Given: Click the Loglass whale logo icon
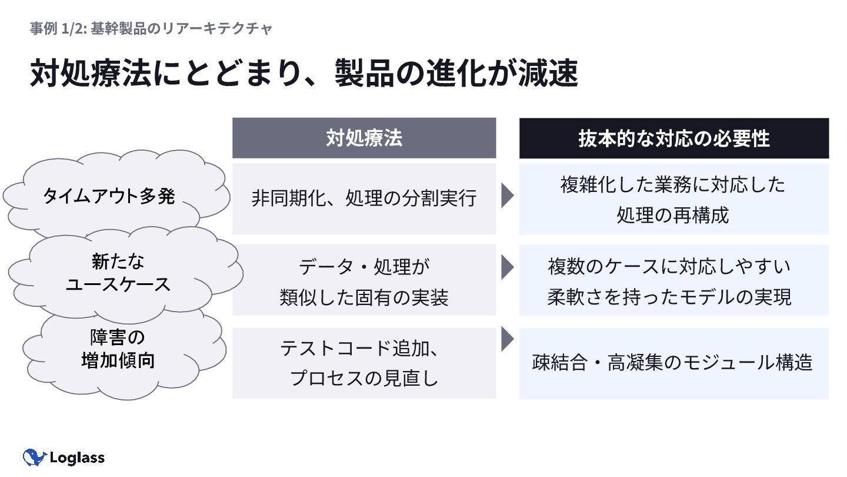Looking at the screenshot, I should (34, 458).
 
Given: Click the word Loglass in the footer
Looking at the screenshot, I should (77, 458).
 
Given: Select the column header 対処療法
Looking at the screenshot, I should (364, 138).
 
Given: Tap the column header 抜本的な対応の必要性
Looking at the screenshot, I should (673, 138).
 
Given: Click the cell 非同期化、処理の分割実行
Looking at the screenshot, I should (364, 198).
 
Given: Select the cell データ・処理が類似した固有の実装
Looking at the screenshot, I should (364, 281).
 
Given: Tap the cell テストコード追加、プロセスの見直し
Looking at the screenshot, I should (364, 363).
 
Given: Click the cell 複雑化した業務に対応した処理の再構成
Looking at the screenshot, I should (673, 199).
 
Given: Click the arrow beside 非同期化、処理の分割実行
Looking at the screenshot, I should (507, 196).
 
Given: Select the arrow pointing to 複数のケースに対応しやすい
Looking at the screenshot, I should (507, 267).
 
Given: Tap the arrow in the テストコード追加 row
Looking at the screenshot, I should (507, 340).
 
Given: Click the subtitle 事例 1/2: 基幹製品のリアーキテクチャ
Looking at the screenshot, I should (151, 28).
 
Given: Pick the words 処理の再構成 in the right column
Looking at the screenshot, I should (673, 215).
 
